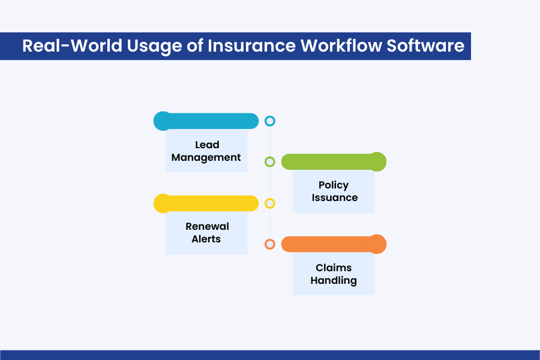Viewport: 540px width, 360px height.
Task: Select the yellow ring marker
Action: click(269, 199)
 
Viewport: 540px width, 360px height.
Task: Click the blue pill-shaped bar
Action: click(206, 121)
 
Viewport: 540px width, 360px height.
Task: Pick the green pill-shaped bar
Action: click(334, 161)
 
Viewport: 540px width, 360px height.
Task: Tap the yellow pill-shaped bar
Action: click(206, 203)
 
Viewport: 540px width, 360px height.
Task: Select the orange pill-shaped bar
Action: click(334, 244)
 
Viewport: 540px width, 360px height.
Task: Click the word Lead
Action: click(207, 145)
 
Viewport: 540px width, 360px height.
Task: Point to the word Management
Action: click(206, 157)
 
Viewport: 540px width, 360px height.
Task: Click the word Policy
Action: click(334, 185)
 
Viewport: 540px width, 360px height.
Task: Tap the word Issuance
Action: click(334, 198)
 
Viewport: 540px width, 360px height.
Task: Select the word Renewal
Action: click(207, 226)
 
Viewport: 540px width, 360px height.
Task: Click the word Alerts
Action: click(206, 239)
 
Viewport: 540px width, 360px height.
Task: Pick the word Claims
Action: click(334, 268)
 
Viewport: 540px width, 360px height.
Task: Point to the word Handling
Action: click(334, 280)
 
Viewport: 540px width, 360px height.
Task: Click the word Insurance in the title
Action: click(251, 46)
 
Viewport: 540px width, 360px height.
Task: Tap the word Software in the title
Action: click(425, 46)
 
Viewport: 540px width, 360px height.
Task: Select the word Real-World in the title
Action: click(72, 46)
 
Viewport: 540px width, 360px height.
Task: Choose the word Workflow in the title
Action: click(341, 46)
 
